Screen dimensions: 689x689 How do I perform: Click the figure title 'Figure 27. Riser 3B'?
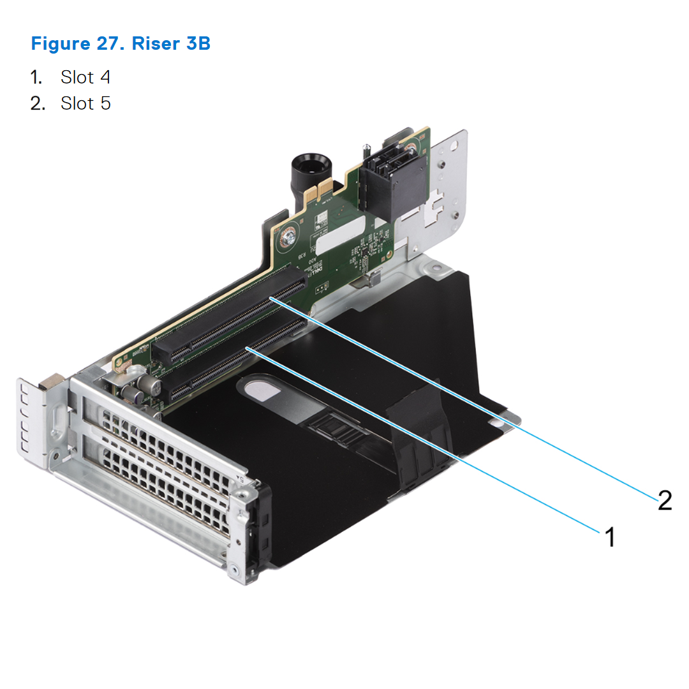[x=121, y=45]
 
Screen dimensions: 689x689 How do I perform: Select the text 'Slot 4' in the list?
[x=85, y=77]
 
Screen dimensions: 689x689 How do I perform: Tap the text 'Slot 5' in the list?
[x=85, y=103]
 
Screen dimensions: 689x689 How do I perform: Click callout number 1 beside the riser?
[x=610, y=537]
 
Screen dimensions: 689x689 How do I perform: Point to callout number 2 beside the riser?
[x=664, y=500]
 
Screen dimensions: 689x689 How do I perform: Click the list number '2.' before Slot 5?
[x=38, y=103]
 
